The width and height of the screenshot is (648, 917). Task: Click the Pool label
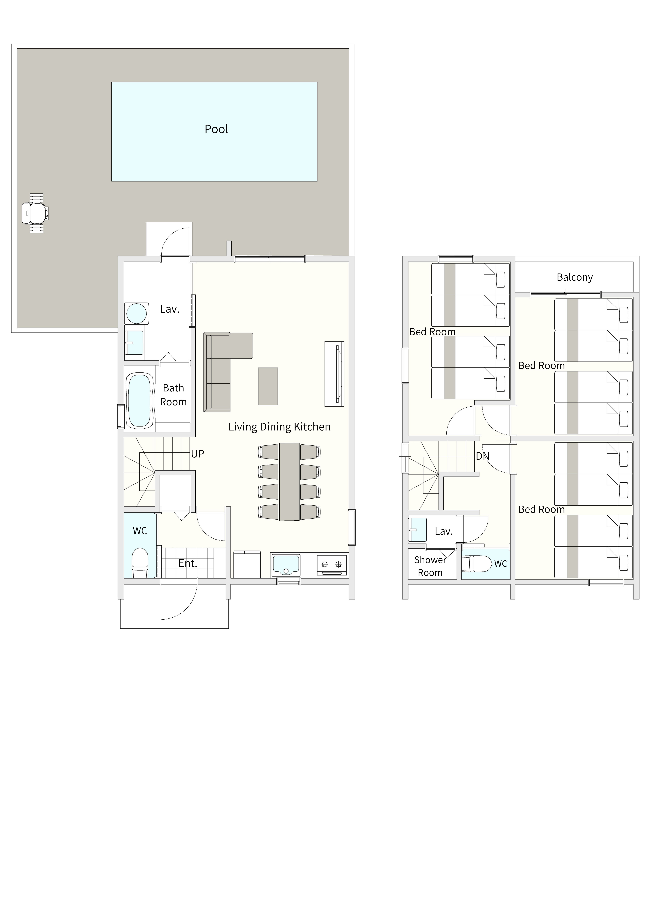click(x=216, y=129)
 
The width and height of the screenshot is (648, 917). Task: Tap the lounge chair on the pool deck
click(x=35, y=213)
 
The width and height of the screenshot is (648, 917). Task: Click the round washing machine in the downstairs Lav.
click(x=136, y=313)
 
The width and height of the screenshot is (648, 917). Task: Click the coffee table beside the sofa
click(x=268, y=386)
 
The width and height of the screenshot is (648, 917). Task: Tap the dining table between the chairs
click(x=289, y=482)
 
